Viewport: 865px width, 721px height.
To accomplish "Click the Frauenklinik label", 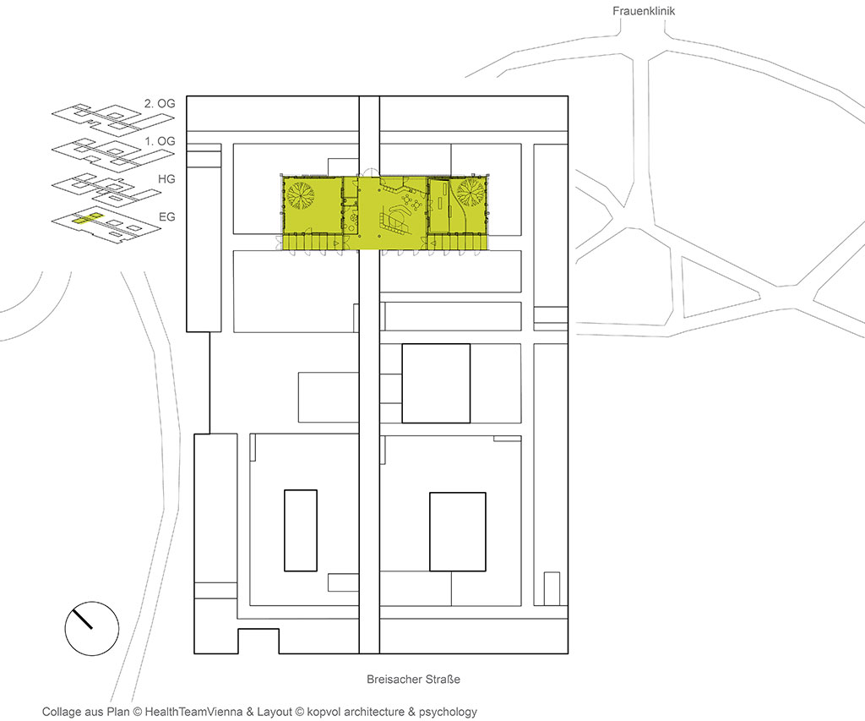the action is click(643, 11).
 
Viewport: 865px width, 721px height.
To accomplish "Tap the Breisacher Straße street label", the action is click(413, 679).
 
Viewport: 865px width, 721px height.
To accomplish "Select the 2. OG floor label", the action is click(160, 103).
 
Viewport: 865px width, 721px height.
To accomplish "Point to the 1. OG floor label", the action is click(160, 141).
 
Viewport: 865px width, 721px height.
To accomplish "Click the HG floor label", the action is click(166, 179).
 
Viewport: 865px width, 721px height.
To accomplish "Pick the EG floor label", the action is click(166, 217).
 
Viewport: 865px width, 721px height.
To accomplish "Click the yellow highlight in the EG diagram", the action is click(87, 218).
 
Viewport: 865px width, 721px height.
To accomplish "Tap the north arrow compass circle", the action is click(92, 628).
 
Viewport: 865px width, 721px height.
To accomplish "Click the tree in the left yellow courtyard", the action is click(301, 194).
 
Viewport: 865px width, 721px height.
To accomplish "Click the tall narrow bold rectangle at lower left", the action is click(301, 530).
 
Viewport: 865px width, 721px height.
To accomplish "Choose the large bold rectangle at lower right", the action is click(458, 532).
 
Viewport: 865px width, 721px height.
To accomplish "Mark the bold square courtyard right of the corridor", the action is click(436, 383).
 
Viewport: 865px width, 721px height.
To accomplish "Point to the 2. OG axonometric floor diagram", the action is click(112, 117).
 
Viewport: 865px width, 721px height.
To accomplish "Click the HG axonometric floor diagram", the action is click(106, 191).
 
